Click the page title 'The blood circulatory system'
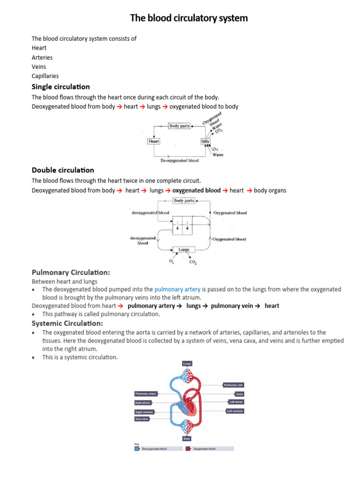[x=189, y=18]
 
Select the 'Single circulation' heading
[x=60, y=87]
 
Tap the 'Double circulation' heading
[x=63, y=170]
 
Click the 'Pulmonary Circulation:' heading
[x=71, y=272]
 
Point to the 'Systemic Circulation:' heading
[x=67, y=323]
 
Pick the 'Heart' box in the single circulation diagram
[x=154, y=141]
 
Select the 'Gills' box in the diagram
[x=205, y=141]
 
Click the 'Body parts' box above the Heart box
[x=179, y=126]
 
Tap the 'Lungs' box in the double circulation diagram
[x=184, y=250]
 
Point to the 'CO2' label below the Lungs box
[x=193, y=262]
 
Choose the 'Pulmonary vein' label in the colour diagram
[x=233, y=385]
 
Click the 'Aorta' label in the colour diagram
[x=239, y=394]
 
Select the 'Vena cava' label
[x=142, y=419]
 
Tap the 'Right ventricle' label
[x=144, y=412]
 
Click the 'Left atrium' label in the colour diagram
[x=236, y=402]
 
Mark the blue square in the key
[x=137, y=449]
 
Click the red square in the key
[x=187, y=449]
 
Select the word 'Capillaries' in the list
[x=45, y=76]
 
